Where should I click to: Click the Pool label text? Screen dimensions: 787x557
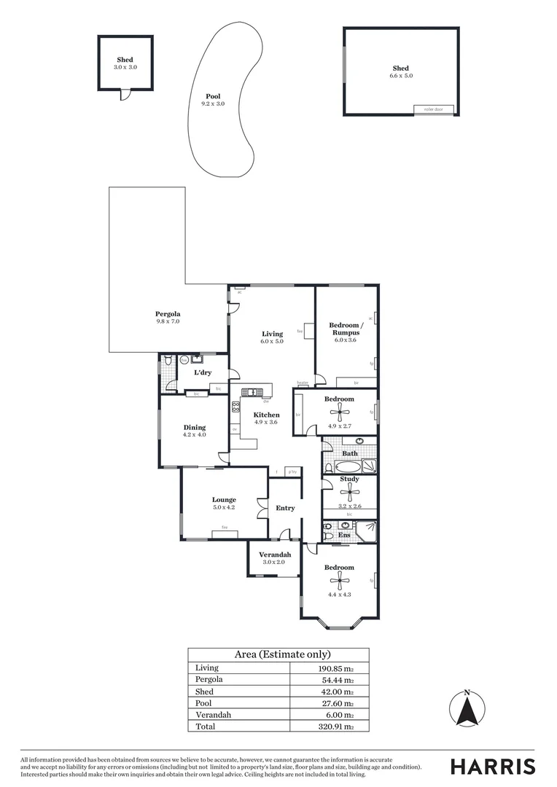[213, 96]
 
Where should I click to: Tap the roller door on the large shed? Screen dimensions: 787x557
[434, 109]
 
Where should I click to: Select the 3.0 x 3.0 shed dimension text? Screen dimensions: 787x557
[125, 67]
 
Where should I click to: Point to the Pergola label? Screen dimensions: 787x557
[167, 314]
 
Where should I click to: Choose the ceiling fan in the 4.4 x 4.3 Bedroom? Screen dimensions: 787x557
[339, 579]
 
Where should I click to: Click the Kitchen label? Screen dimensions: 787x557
[266, 415]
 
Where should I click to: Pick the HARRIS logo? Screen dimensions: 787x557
[492, 766]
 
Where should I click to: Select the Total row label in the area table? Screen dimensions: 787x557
[204, 727]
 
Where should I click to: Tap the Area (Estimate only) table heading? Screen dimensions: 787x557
[278, 654]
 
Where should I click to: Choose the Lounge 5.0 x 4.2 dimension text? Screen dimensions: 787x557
[224, 507]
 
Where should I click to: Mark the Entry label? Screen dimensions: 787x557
[285, 508]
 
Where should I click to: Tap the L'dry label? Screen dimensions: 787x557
[202, 372]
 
